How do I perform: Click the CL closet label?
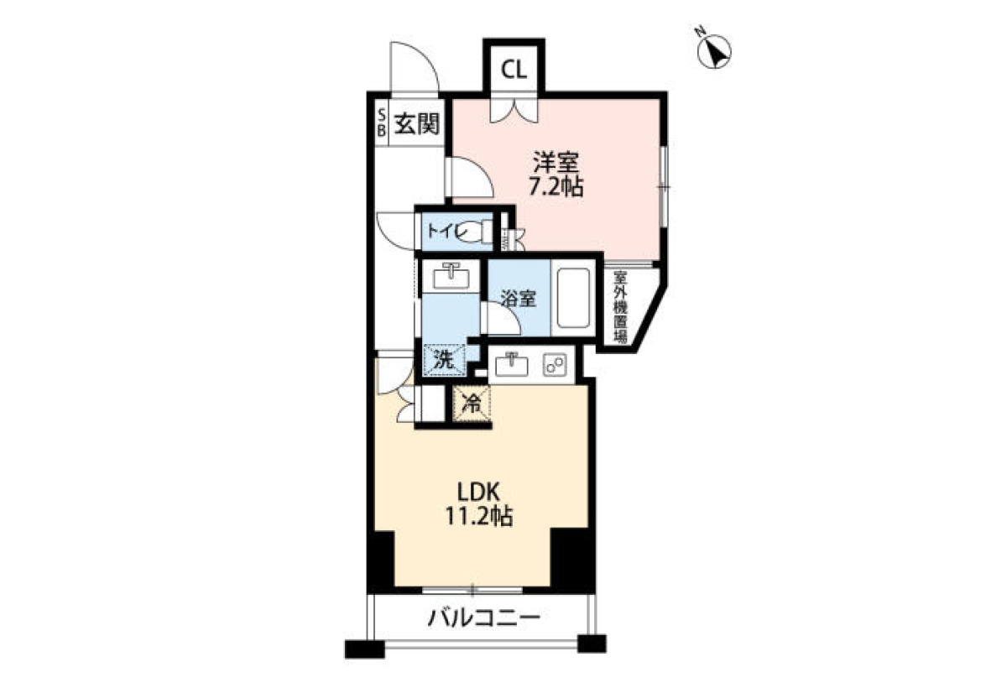pyautogui.click(x=514, y=70)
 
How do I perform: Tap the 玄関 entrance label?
pyautogui.click(x=417, y=123)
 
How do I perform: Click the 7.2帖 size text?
pyautogui.click(x=556, y=186)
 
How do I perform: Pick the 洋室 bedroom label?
pyautogui.click(x=556, y=162)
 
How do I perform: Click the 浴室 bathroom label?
pyautogui.click(x=519, y=299)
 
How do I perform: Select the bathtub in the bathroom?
pyautogui.click(x=573, y=298)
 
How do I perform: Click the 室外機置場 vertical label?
pyautogui.click(x=620, y=307)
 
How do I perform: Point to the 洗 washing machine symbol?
pyautogui.click(x=444, y=359)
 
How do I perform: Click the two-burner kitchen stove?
pyautogui.click(x=555, y=364)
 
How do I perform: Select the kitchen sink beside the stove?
pyautogui.click(x=512, y=364)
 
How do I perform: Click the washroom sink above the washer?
pyautogui.click(x=451, y=276)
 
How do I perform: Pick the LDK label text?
pyautogui.click(x=478, y=493)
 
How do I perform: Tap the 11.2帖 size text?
pyautogui.click(x=478, y=517)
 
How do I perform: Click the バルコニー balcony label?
pyautogui.click(x=483, y=619)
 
